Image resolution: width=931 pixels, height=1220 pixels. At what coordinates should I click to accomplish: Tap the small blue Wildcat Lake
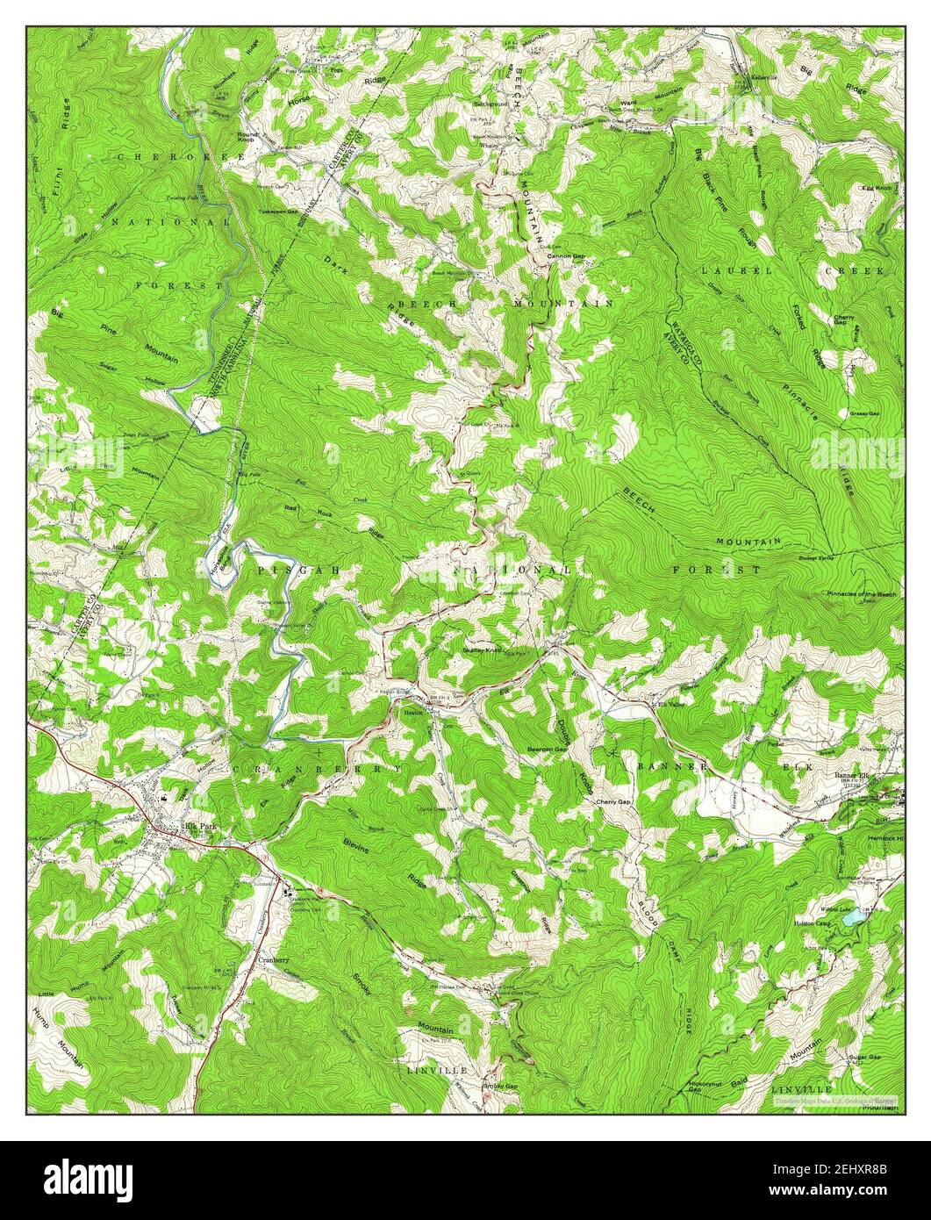(x=852, y=919)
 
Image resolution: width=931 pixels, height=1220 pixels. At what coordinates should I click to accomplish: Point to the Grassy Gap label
(x=863, y=413)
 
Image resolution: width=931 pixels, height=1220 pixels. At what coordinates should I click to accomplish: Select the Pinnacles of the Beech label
(x=863, y=594)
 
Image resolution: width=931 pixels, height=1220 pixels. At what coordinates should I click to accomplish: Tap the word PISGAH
(x=285, y=570)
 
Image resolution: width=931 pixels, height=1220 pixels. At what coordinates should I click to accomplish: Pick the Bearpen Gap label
(x=543, y=749)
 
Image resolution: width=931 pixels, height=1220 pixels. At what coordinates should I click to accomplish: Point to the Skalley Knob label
(x=481, y=649)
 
